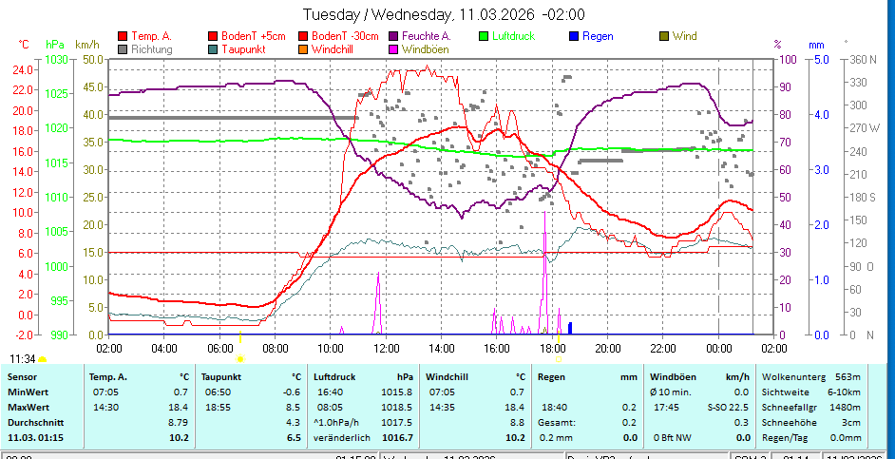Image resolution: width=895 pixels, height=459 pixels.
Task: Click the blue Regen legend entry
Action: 598,36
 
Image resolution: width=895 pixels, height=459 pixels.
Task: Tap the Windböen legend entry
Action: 426,48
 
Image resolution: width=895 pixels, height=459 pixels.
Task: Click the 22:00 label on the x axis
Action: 663,348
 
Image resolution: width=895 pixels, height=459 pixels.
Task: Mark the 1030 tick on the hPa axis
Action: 56,59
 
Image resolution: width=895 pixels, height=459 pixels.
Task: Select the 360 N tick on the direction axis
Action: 861,59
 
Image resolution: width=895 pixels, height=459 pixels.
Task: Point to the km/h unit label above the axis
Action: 87,44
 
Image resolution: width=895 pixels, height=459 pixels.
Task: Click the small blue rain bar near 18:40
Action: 570,328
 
